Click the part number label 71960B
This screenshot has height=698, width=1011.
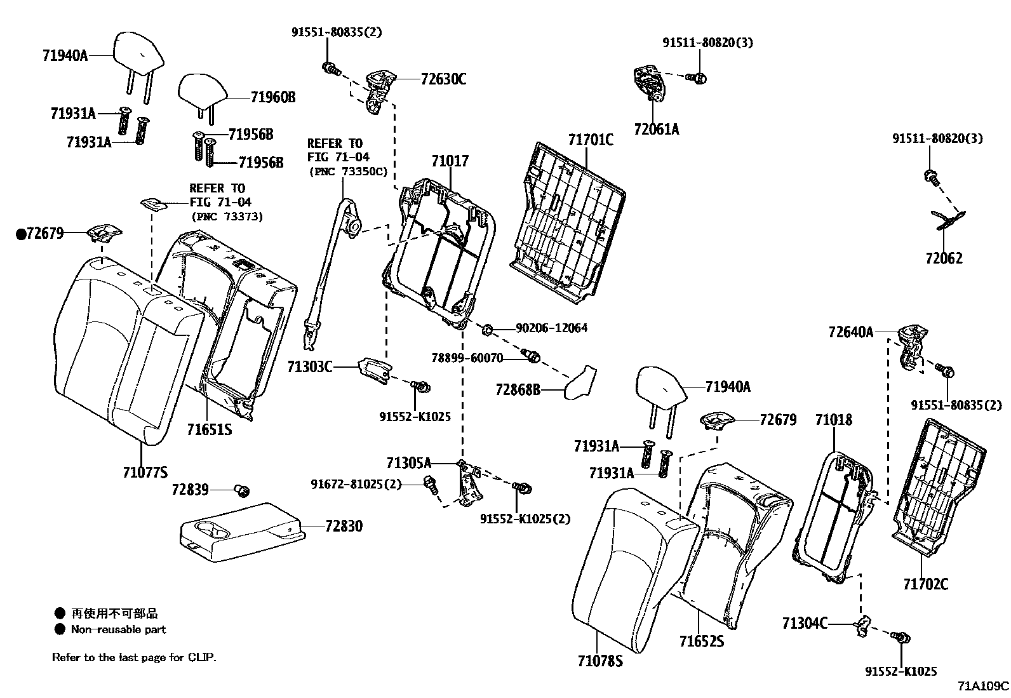273,97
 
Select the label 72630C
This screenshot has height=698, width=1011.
443,79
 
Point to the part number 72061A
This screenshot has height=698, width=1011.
656,129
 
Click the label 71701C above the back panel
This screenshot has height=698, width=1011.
591,140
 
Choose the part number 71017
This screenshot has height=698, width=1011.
450,161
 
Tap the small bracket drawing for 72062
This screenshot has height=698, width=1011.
948,220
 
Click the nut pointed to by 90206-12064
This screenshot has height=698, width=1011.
487,330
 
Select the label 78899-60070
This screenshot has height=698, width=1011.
467,358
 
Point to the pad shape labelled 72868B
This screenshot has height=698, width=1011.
580,383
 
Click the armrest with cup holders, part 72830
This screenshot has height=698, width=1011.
243,532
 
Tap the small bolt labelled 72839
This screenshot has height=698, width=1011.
242,490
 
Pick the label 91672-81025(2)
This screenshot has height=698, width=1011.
356,485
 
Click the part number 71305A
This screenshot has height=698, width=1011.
409,463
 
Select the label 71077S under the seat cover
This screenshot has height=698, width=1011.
145,473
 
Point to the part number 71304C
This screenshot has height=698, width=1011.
805,624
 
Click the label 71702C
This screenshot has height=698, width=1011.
926,584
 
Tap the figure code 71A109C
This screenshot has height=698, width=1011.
984,687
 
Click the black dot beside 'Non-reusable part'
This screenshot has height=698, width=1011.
60,629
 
